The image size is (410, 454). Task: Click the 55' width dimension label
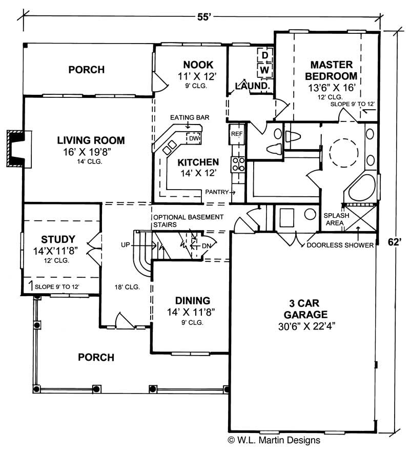click(x=203, y=16)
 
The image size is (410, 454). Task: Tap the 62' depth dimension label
click(x=394, y=242)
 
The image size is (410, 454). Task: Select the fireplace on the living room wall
click(x=16, y=149)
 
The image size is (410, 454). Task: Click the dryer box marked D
click(x=265, y=55)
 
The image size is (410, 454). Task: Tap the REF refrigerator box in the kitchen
click(x=236, y=134)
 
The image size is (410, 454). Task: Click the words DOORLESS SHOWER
click(x=340, y=245)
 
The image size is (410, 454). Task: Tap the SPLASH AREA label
click(x=336, y=219)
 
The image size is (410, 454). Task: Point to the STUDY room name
click(x=58, y=239)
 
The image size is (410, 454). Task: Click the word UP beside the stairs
click(x=126, y=245)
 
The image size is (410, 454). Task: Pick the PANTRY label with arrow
click(x=220, y=192)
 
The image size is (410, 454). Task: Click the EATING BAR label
click(x=190, y=117)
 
